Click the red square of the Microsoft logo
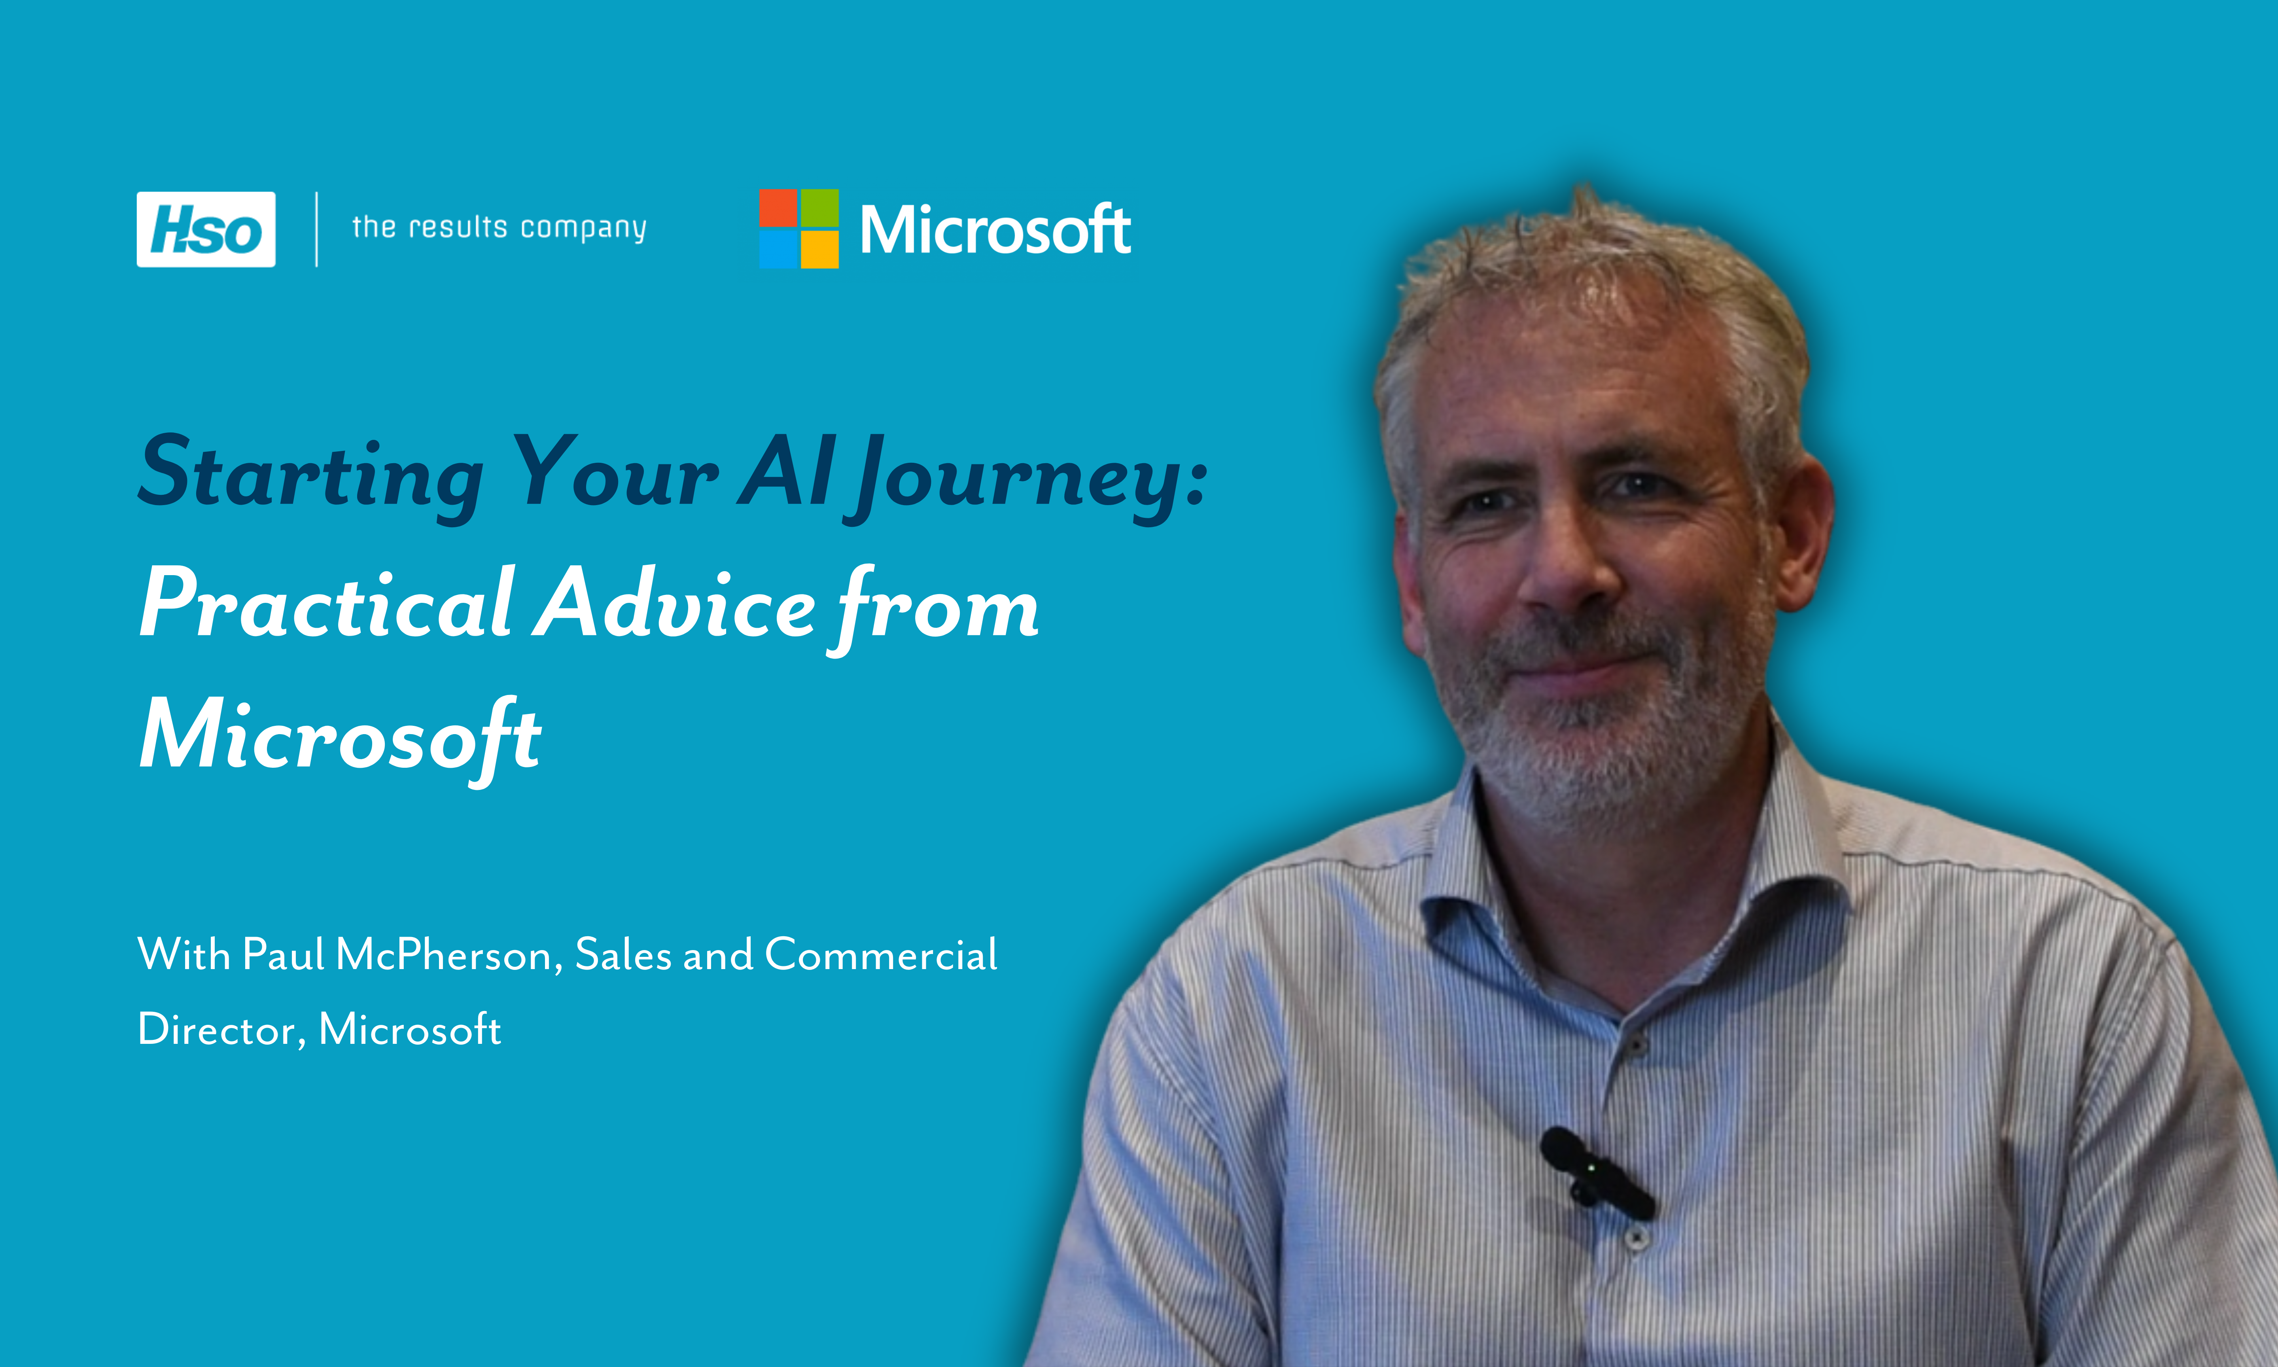[778, 208]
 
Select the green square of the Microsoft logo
[819, 208]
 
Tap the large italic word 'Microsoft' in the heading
[341, 737]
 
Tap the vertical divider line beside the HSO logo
[317, 229]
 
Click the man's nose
[1567, 566]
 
